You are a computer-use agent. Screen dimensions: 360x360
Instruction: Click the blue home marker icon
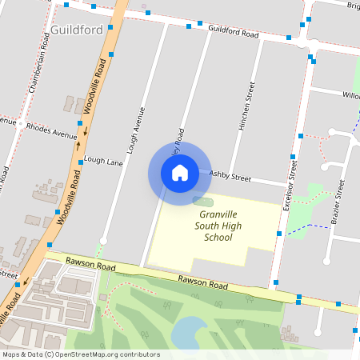click(x=180, y=173)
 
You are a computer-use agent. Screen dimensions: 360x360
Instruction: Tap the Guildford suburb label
click(x=75, y=30)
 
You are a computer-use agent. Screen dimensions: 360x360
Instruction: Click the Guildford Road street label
click(x=233, y=32)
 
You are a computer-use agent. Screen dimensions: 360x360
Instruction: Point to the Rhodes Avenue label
click(x=51, y=126)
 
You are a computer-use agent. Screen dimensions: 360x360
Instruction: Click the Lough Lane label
click(x=103, y=161)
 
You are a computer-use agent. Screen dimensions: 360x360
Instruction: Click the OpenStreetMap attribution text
click(x=80, y=354)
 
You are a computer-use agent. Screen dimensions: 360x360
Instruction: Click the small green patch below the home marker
click(x=203, y=199)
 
